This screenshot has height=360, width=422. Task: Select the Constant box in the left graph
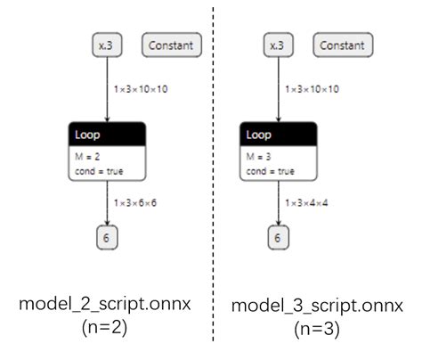[174, 45]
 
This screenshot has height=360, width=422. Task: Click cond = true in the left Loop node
[97, 170]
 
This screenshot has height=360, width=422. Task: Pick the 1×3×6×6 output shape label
[135, 203]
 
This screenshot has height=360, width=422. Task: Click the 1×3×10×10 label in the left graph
[140, 89]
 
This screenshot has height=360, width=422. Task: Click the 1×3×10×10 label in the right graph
[312, 89]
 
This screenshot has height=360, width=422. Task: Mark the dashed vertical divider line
[214, 178]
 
